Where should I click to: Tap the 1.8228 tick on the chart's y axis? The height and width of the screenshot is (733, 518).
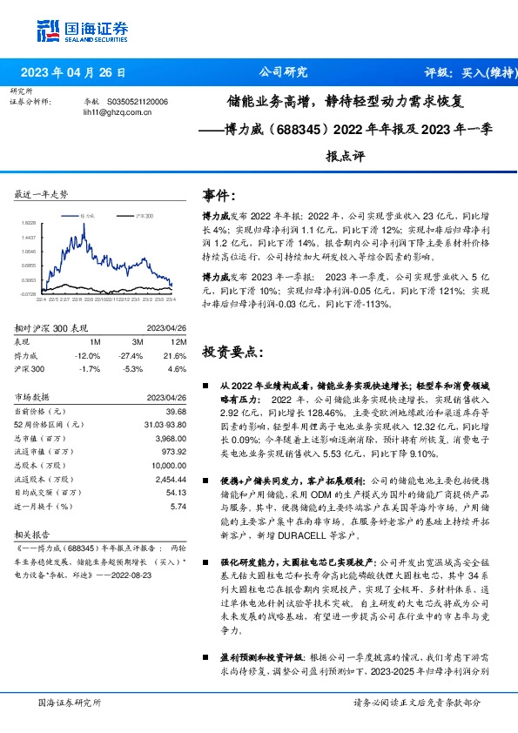pos(28,223)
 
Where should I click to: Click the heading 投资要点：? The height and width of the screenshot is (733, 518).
pos(231,353)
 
